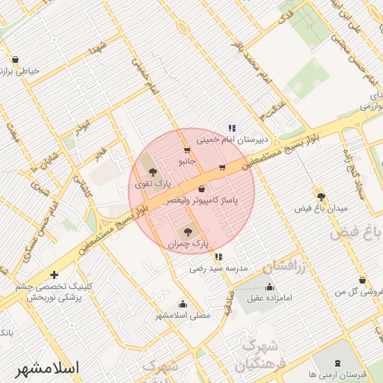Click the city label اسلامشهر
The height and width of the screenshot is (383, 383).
[x=47, y=368]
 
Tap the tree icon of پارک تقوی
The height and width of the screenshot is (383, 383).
[x=153, y=172]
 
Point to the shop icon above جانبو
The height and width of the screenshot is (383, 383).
[x=185, y=149]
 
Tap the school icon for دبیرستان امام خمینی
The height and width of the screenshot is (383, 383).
[x=232, y=128]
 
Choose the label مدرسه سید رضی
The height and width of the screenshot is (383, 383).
[x=218, y=267]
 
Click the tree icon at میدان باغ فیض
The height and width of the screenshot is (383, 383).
[x=321, y=196]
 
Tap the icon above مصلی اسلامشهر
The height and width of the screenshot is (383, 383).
[x=183, y=304]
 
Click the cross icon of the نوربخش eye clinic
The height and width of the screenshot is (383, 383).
[x=54, y=275]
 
